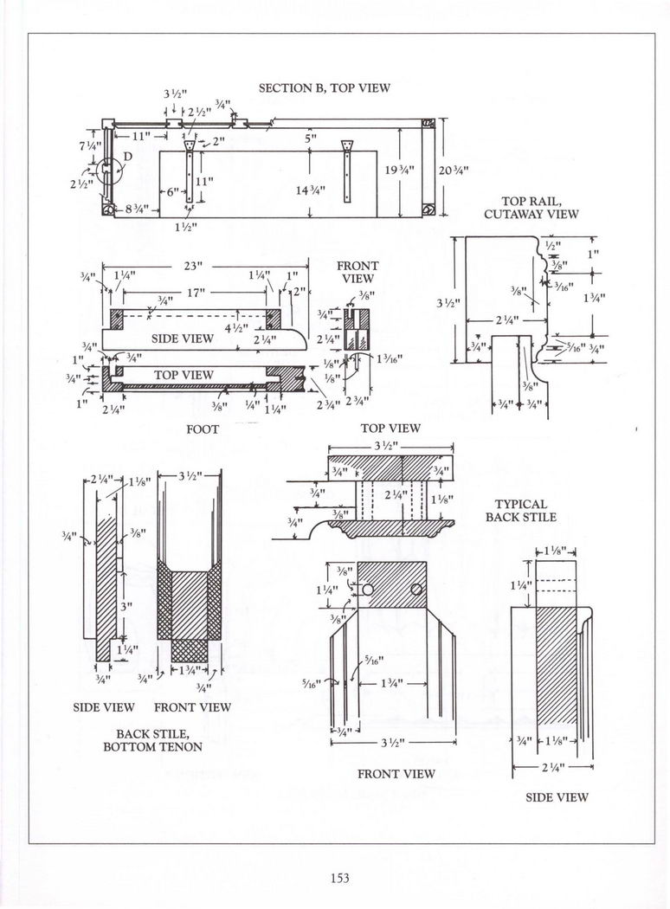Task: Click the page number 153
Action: pos(338,878)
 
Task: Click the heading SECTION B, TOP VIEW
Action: pos(325,88)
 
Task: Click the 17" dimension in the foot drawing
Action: pos(196,293)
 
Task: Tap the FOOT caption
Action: pos(202,429)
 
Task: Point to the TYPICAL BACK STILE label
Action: pos(521,510)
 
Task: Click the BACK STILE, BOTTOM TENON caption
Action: pos(153,740)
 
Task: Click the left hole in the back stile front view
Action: pos(368,589)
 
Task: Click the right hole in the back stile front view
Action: pos(416,589)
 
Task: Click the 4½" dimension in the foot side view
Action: pos(229,327)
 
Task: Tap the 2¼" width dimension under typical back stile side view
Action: pos(551,767)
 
